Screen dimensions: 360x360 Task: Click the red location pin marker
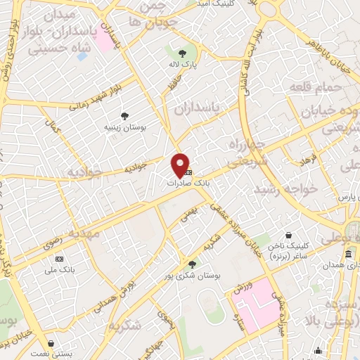(181, 165)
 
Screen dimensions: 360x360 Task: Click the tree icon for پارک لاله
(183, 53)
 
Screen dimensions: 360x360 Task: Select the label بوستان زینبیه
(124, 128)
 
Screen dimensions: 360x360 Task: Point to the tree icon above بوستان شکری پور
(192, 264)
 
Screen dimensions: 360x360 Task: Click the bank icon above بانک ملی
(59, 258)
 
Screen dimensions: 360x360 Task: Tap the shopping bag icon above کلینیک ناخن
(288, 236)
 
